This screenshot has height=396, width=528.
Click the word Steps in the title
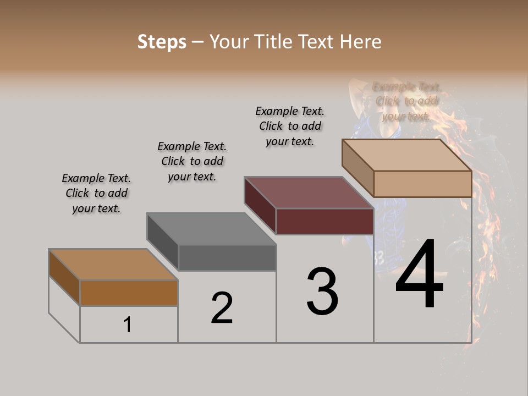point(162,42)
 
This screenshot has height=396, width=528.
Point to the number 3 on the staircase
point(322,291)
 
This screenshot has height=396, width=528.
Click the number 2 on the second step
point(222,308)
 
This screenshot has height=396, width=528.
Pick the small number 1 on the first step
point(128,325)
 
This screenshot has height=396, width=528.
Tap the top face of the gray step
point(212,229)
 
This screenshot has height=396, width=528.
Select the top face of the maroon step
point(309,193)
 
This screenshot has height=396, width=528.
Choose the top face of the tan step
point(407,155)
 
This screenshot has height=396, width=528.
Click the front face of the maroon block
point(324,221)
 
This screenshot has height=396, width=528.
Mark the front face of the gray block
point(227,257)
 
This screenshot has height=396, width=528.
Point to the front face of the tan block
point(422,184)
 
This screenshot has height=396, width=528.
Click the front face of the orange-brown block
point(129,293)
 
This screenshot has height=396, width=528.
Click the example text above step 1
point(96,194)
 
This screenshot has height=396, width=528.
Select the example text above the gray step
point(192,162)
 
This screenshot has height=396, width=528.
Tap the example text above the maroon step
point(290,126)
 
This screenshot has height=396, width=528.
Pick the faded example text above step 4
point(406,101)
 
